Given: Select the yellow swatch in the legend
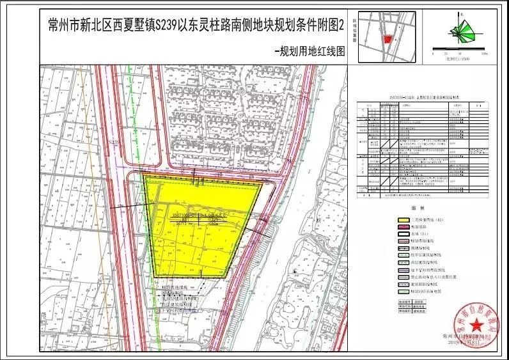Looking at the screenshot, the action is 402,219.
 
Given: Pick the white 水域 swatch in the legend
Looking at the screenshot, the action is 402,235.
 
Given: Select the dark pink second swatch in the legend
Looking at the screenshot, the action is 402,228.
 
